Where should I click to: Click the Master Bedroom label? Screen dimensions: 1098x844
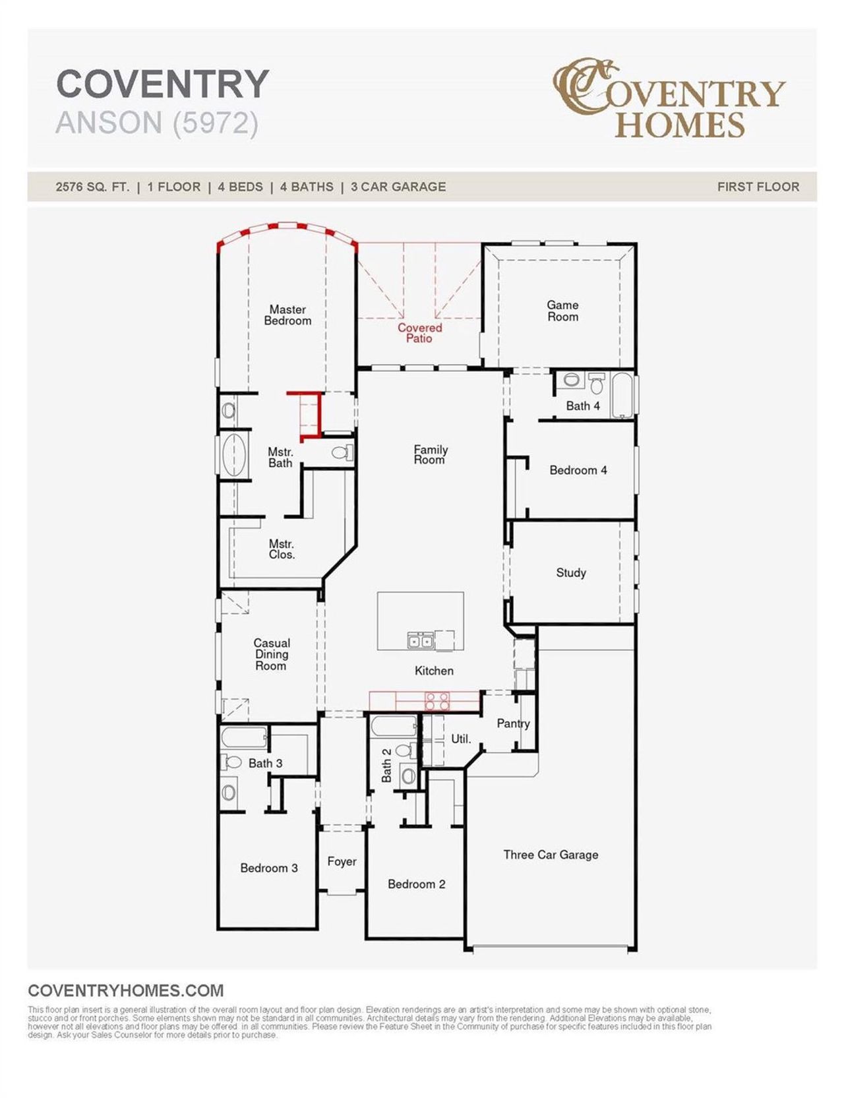pos(287,315)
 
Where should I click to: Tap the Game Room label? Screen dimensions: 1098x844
pos(562,311)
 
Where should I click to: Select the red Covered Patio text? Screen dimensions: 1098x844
pos(419,333)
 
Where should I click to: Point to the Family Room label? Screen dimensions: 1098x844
pos(430,454)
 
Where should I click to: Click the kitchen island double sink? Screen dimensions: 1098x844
pos(420,640)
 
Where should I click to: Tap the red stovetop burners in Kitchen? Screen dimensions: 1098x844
pos(437,700)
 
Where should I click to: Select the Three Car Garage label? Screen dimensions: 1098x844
pos(551,855)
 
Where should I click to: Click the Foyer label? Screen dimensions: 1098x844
pos(342,861)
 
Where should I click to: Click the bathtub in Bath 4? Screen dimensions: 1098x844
pos(621,395)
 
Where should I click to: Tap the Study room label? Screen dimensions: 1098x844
pos(570,572)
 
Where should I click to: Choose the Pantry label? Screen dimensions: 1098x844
pos(513,723)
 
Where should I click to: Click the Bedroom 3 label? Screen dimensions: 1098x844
pos(268,868)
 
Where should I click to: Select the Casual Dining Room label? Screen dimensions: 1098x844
pos(271,654)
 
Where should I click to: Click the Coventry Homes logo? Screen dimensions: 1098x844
pos(669,99)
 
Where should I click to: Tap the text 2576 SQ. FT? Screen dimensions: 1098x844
pos(92,187)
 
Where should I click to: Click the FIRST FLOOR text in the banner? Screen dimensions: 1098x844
pos(758,187)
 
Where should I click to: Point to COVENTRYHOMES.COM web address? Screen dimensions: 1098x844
pos(126,991)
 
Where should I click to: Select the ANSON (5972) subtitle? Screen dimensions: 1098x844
pos(157,123)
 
